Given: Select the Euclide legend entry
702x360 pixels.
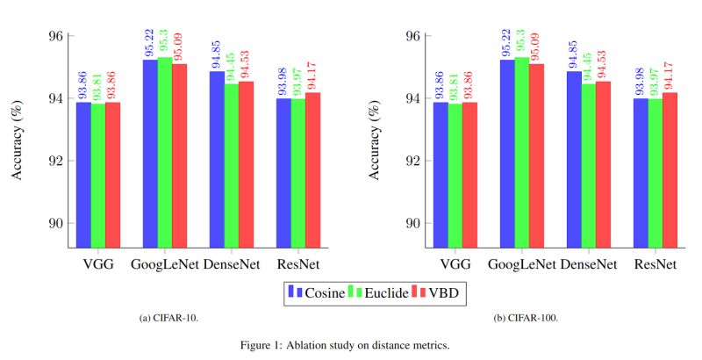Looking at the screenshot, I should pos(382,292).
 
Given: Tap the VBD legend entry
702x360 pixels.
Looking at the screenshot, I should pos(442,292).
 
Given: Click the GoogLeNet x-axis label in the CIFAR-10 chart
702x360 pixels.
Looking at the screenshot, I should pos(164,264).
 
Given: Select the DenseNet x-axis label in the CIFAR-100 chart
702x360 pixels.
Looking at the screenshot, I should pos(588,264).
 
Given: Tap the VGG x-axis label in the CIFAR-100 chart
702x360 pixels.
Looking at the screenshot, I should pos(455,264).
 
